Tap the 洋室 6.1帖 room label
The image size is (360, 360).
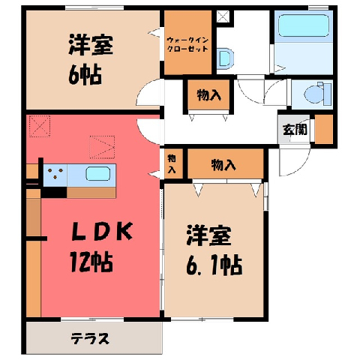point(214,250)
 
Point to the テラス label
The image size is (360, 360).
point(90,339)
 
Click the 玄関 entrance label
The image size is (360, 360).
point(295,130)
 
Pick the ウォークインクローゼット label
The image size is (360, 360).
point(187,44)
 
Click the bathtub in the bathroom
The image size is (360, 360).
point(304,25)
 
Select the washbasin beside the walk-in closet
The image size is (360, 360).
point(225,58)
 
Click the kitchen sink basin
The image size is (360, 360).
point(98,173)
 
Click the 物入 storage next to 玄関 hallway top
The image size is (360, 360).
point(208,95)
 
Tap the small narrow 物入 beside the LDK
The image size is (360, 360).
point(172,163)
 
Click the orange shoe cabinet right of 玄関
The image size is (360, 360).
point(324,129)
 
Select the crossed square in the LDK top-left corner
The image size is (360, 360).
point(40,126)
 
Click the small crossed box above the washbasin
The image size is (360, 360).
point(223,16)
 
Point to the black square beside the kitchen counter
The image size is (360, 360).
point(54,193)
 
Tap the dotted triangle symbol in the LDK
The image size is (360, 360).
point(102,147)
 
